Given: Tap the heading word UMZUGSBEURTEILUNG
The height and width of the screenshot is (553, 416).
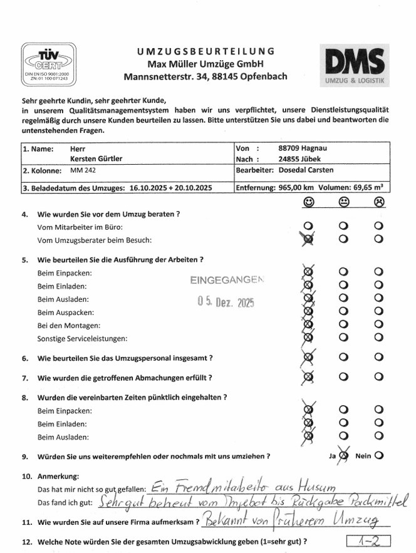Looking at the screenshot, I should [x=205, y=51].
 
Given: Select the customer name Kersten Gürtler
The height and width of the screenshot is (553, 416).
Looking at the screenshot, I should [x=96, y=159].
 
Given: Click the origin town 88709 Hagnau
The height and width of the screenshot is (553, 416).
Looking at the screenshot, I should [x=304, y=148].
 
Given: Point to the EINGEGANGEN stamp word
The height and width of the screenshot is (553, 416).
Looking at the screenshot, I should [x=227, y=281].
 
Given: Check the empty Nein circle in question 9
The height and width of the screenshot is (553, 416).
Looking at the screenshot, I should [x=378, y=456].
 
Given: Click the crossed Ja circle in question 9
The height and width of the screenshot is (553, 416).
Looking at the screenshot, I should [x=343, y=457].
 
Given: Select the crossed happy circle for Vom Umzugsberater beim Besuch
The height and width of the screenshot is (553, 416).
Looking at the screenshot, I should [x=308, y=239].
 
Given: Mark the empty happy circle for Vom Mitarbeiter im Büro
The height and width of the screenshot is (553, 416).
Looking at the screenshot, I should [x=308, y=225].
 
